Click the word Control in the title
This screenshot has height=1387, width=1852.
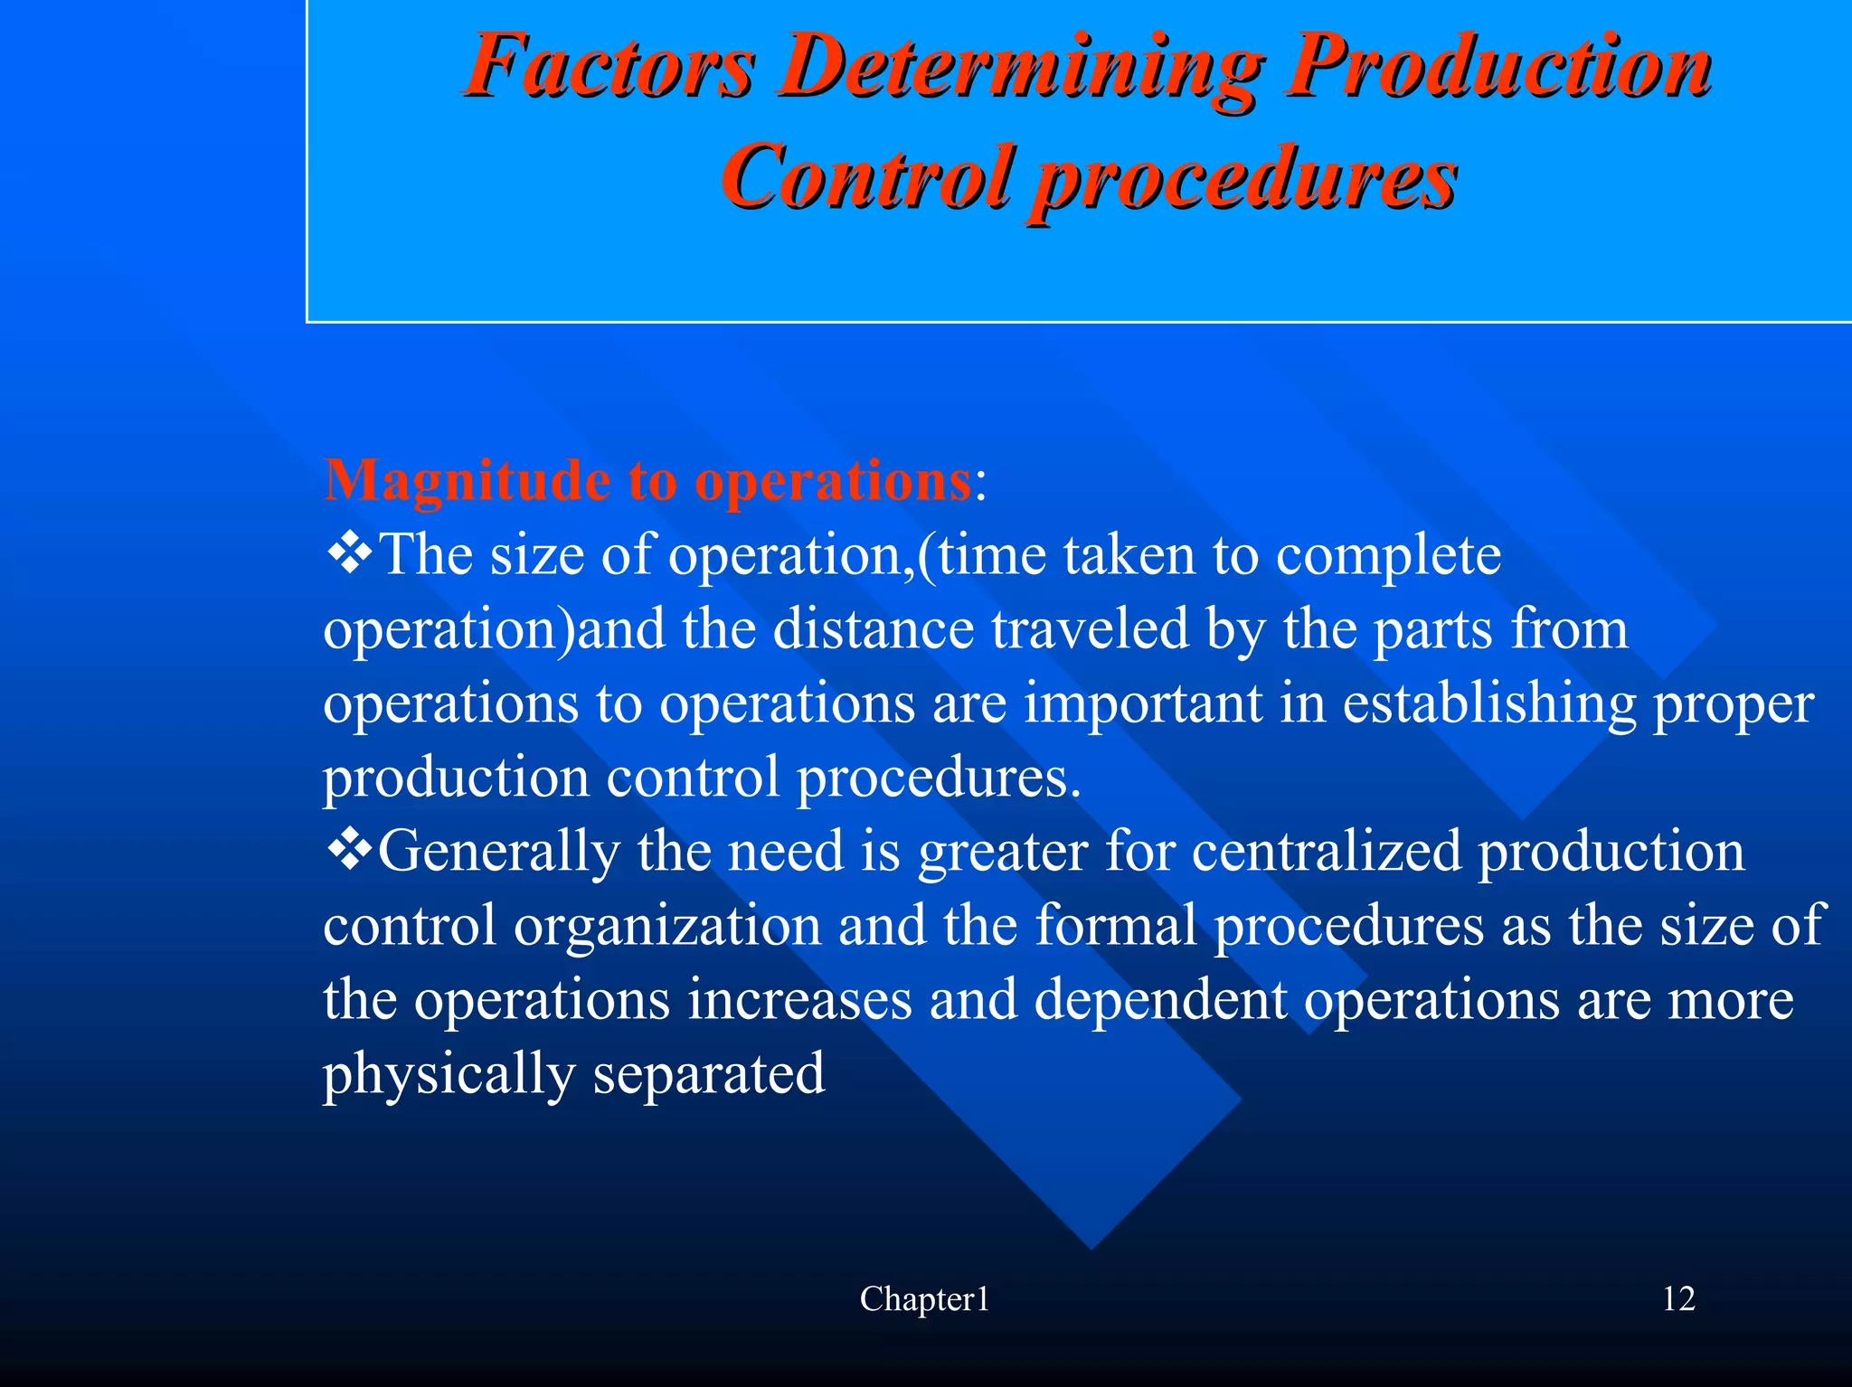(865, 176)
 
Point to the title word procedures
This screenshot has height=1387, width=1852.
(1244, 178)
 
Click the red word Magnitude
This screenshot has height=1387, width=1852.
(467, 480)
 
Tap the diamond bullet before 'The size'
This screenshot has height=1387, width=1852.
(348, 553)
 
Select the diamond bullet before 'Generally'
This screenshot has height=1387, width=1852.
(348, 850)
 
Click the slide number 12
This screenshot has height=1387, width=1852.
(1678, 1299)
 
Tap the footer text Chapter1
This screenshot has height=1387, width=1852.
(924, 1299)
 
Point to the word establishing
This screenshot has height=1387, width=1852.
(1488, 703)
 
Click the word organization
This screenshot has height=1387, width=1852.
(666, 926)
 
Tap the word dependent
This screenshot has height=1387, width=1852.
(1160, 1000)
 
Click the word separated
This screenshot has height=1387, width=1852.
(709, 1074)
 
